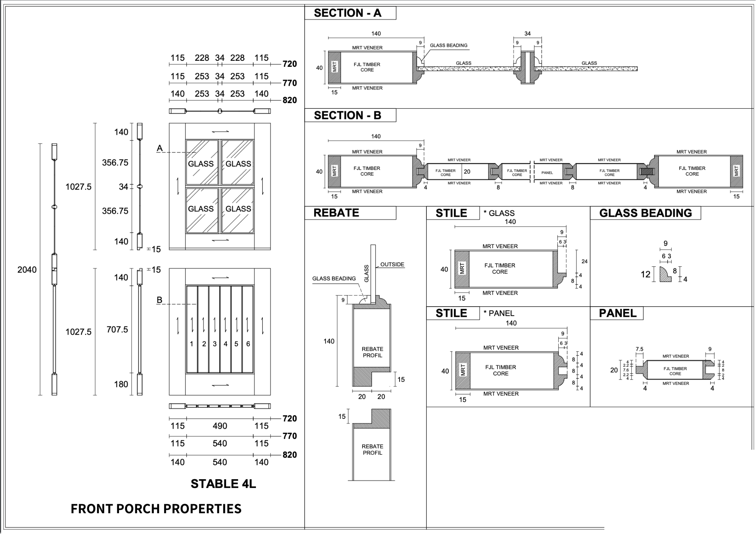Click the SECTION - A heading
point(347,13)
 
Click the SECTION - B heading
point(347,115)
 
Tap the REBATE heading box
point(336,213)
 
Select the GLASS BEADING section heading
point(645,213)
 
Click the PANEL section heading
point(618,313)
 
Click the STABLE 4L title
point(223,484)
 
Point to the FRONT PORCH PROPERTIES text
point(156,509)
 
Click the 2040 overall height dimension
point(27,270)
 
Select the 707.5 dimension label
point(117,329)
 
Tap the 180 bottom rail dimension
point(121,384)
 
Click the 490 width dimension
point(220,426)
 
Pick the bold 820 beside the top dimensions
point(290,100)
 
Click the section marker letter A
point(160,148)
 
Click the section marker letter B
point(160,300)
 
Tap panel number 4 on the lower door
point(226,344)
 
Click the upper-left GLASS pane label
point(201,164)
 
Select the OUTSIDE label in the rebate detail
point(392,264)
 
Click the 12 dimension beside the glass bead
point(646,274)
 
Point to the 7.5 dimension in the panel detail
point(639,349)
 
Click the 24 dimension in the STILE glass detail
point(584,261)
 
